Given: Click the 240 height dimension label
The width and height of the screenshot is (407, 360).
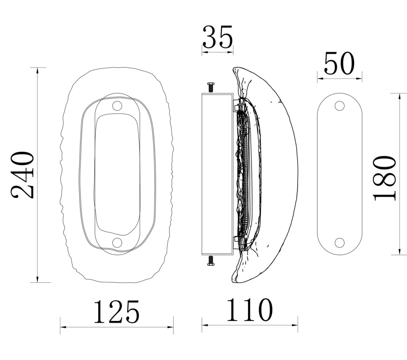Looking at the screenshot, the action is pos(23,175).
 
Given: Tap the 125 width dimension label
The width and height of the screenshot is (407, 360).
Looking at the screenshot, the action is pos(117,312).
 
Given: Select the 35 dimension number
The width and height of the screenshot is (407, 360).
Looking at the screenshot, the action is pos(217,37).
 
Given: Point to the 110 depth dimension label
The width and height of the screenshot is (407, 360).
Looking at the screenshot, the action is pos(249,310).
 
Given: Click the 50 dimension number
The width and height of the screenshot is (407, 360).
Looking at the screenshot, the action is pos(339,63).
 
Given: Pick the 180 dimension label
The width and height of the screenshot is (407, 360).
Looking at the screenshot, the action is pos(385,178).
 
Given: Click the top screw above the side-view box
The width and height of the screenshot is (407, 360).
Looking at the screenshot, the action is pos(211,87).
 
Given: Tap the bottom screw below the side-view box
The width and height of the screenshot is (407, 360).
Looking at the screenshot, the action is pos(211,260).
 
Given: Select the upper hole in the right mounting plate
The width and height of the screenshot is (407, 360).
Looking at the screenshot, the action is pos(339,106).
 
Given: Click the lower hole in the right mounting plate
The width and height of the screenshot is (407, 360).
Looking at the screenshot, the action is pos(339,243).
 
